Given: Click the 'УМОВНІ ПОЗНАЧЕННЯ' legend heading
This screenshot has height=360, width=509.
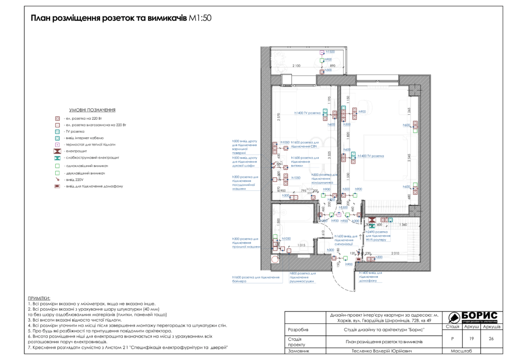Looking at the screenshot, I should pos(93,110).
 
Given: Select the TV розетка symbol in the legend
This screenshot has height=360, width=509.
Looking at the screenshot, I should pos(58,131).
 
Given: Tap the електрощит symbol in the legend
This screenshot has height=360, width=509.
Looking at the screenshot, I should pos(58,151).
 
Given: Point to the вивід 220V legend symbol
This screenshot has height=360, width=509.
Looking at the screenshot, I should pos(58,180).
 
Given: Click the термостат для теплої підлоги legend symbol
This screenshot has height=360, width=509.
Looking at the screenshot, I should pos(58,144).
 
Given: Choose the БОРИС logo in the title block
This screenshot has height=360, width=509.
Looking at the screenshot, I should pos(473,317).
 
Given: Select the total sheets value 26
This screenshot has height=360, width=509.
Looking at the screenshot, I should pos(491,338).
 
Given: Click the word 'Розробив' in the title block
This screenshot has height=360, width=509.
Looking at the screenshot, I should pos(298,330).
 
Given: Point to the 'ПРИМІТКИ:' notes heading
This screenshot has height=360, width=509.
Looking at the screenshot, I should pos(43,298).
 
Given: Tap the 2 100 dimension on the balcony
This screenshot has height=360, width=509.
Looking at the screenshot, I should pos(296,66).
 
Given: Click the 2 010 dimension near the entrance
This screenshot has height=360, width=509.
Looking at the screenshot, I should pos(395,253).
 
